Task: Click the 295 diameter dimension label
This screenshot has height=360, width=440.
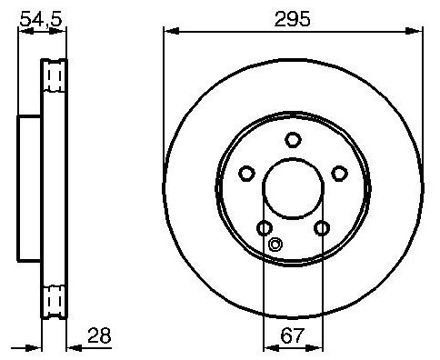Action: (x=292, y=19)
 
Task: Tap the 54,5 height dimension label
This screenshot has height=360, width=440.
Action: (x=41, y=20)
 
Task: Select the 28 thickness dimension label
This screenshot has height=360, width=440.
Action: (x=99, y=335)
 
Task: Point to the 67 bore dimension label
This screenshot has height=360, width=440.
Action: (x=292, y=335)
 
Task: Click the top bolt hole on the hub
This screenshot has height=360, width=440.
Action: (x=293, y=140)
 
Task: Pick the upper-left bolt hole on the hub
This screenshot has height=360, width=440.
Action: (x=246, y=174)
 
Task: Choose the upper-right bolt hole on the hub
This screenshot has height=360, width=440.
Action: (x=339, y=174)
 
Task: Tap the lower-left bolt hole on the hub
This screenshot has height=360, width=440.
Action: (x=265, y=228)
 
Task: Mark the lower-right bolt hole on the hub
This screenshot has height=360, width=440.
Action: (x=322, y=228)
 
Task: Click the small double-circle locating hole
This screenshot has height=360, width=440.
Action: (x=275, y=245)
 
